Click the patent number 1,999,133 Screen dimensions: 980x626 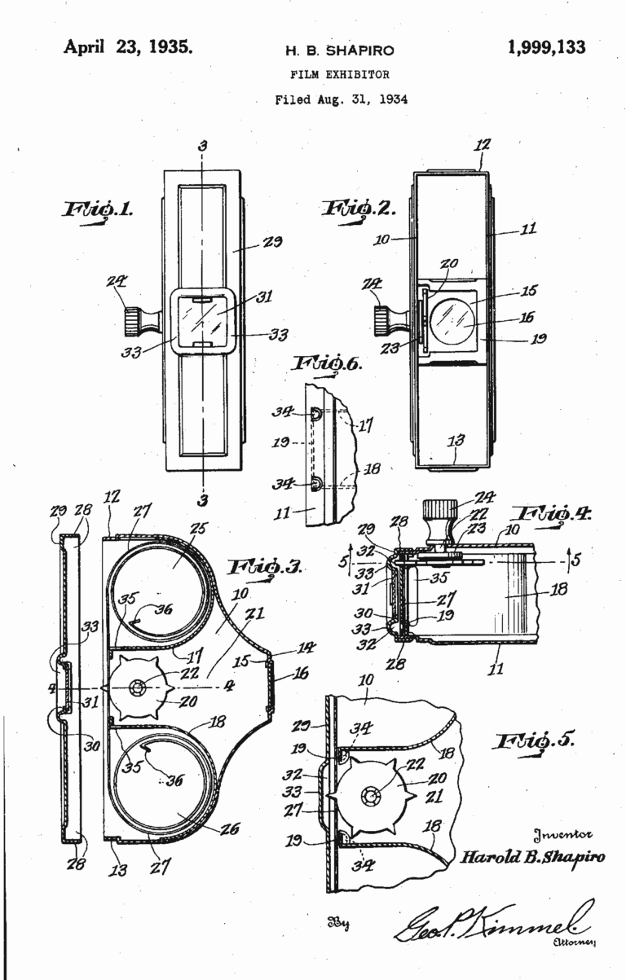[545, 47]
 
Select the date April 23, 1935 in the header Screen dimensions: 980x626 [128, 47]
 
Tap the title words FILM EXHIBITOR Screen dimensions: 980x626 [339, 74]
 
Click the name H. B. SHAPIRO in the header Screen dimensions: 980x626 [339, 51]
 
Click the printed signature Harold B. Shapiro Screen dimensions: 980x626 [531, 857]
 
